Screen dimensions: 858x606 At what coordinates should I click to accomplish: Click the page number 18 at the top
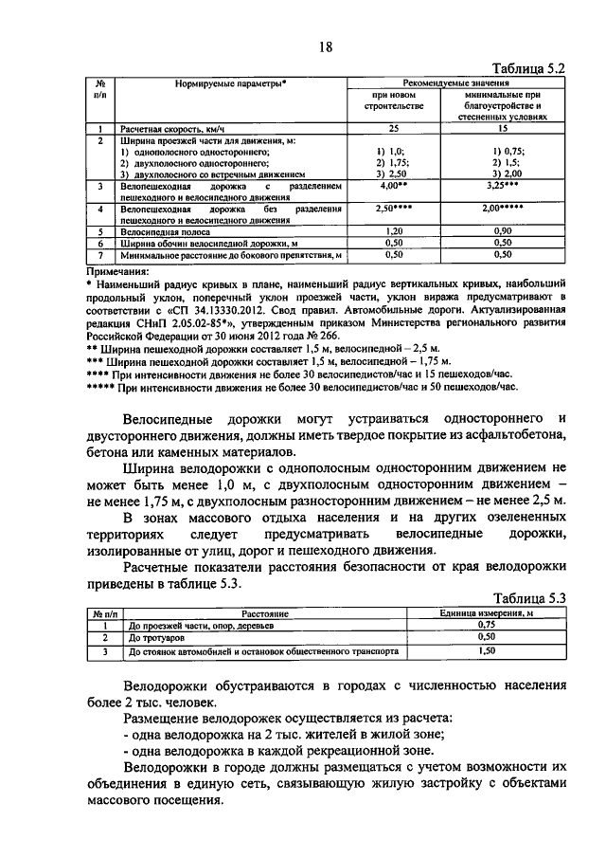tap(325, 48)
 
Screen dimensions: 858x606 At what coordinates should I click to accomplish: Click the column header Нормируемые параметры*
tap(231, 84)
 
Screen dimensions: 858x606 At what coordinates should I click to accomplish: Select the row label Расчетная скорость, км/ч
tap(175, 128)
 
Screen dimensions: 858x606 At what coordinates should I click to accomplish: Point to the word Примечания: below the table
tap(117, 270)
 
